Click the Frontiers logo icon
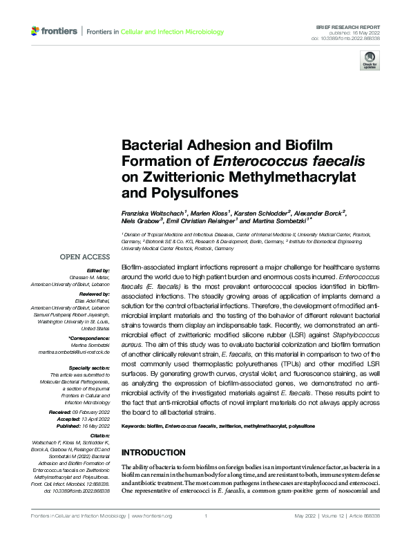[x=35, y=31]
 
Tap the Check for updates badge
[x=369, y=62]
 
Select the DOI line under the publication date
[x=350, y=39]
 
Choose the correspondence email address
[x=74, y=352]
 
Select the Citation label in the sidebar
[x=99, y=437]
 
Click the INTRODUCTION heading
[x=153, y=453]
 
